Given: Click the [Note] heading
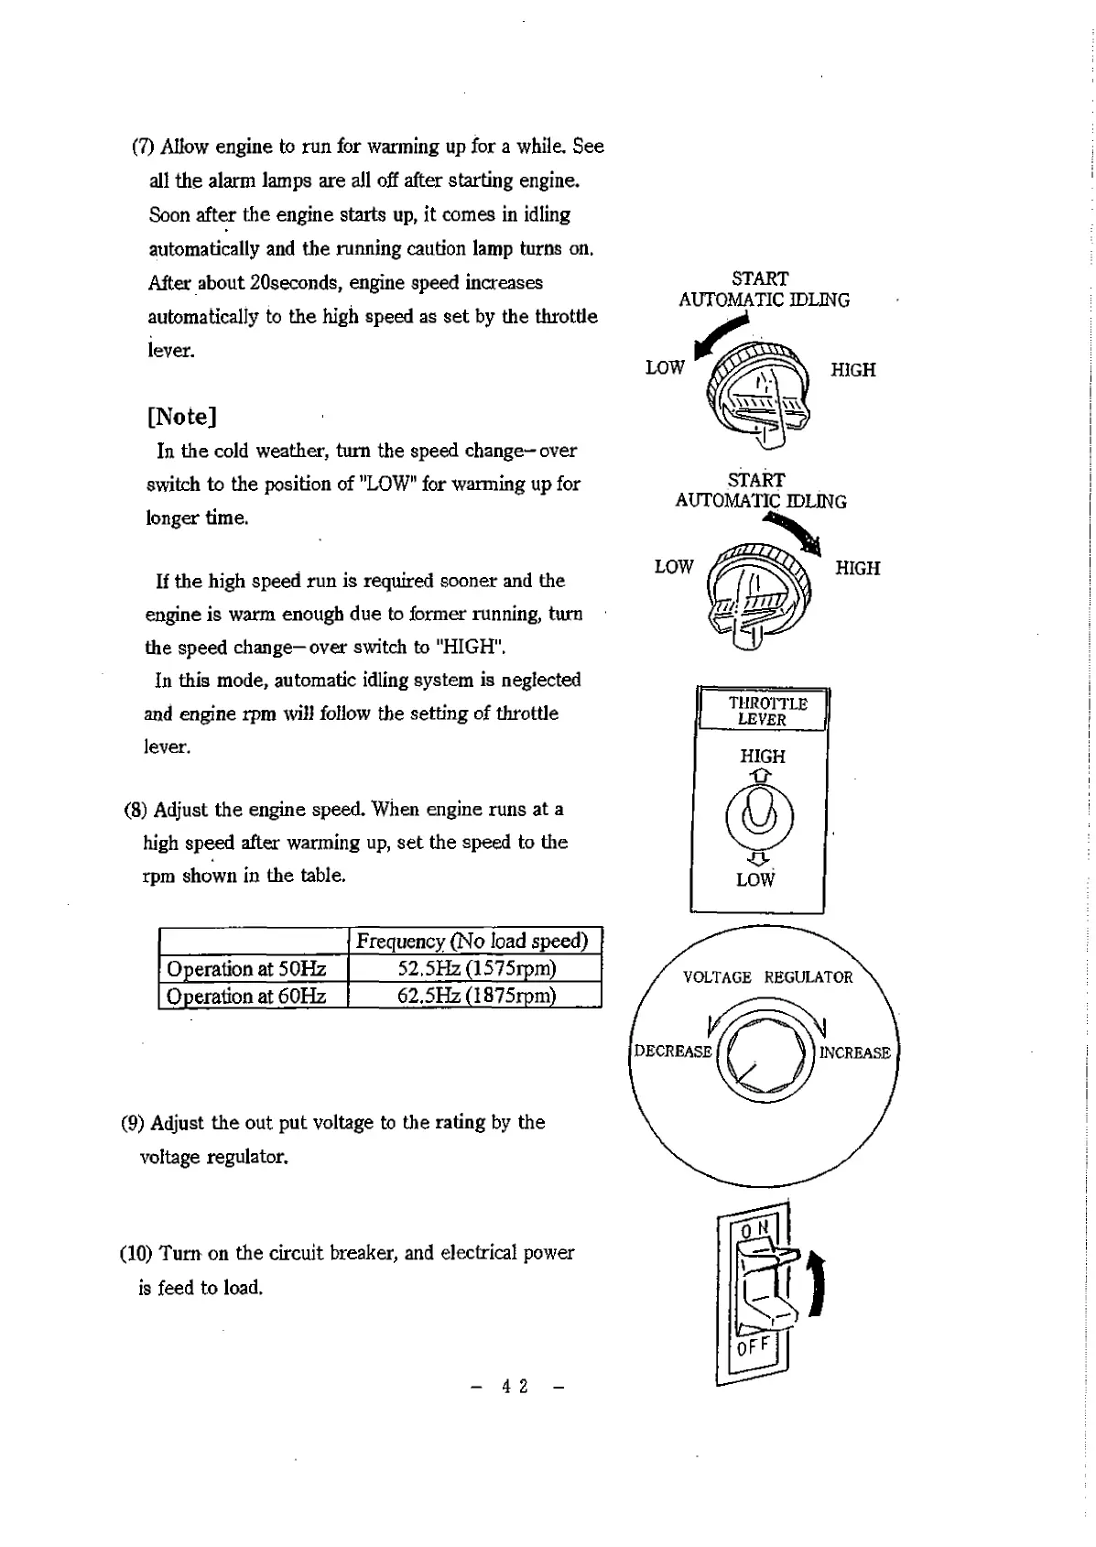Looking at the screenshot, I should tap(181, 417).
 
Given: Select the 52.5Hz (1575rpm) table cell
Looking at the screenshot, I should tap(476, 968).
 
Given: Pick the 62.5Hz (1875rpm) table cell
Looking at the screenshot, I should tap(476, 996).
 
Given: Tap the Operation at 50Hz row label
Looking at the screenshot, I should tap(246, 968).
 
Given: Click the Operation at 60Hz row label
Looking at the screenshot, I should tap(246, 996).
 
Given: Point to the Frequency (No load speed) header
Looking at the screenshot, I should tap(472, 941).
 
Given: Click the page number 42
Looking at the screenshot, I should tap(515, 1386).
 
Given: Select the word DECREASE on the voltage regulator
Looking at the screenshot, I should tap(673, 1051).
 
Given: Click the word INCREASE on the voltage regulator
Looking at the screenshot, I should tap(854, 1052).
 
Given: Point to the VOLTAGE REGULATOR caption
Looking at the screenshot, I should tap(767, 977).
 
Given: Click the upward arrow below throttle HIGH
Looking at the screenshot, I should tap(760, 776).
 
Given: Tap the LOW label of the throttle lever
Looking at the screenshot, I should tap(755, 880).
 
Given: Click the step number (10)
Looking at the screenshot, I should tap(136, 1253).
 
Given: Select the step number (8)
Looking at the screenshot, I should tap(136, 810).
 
